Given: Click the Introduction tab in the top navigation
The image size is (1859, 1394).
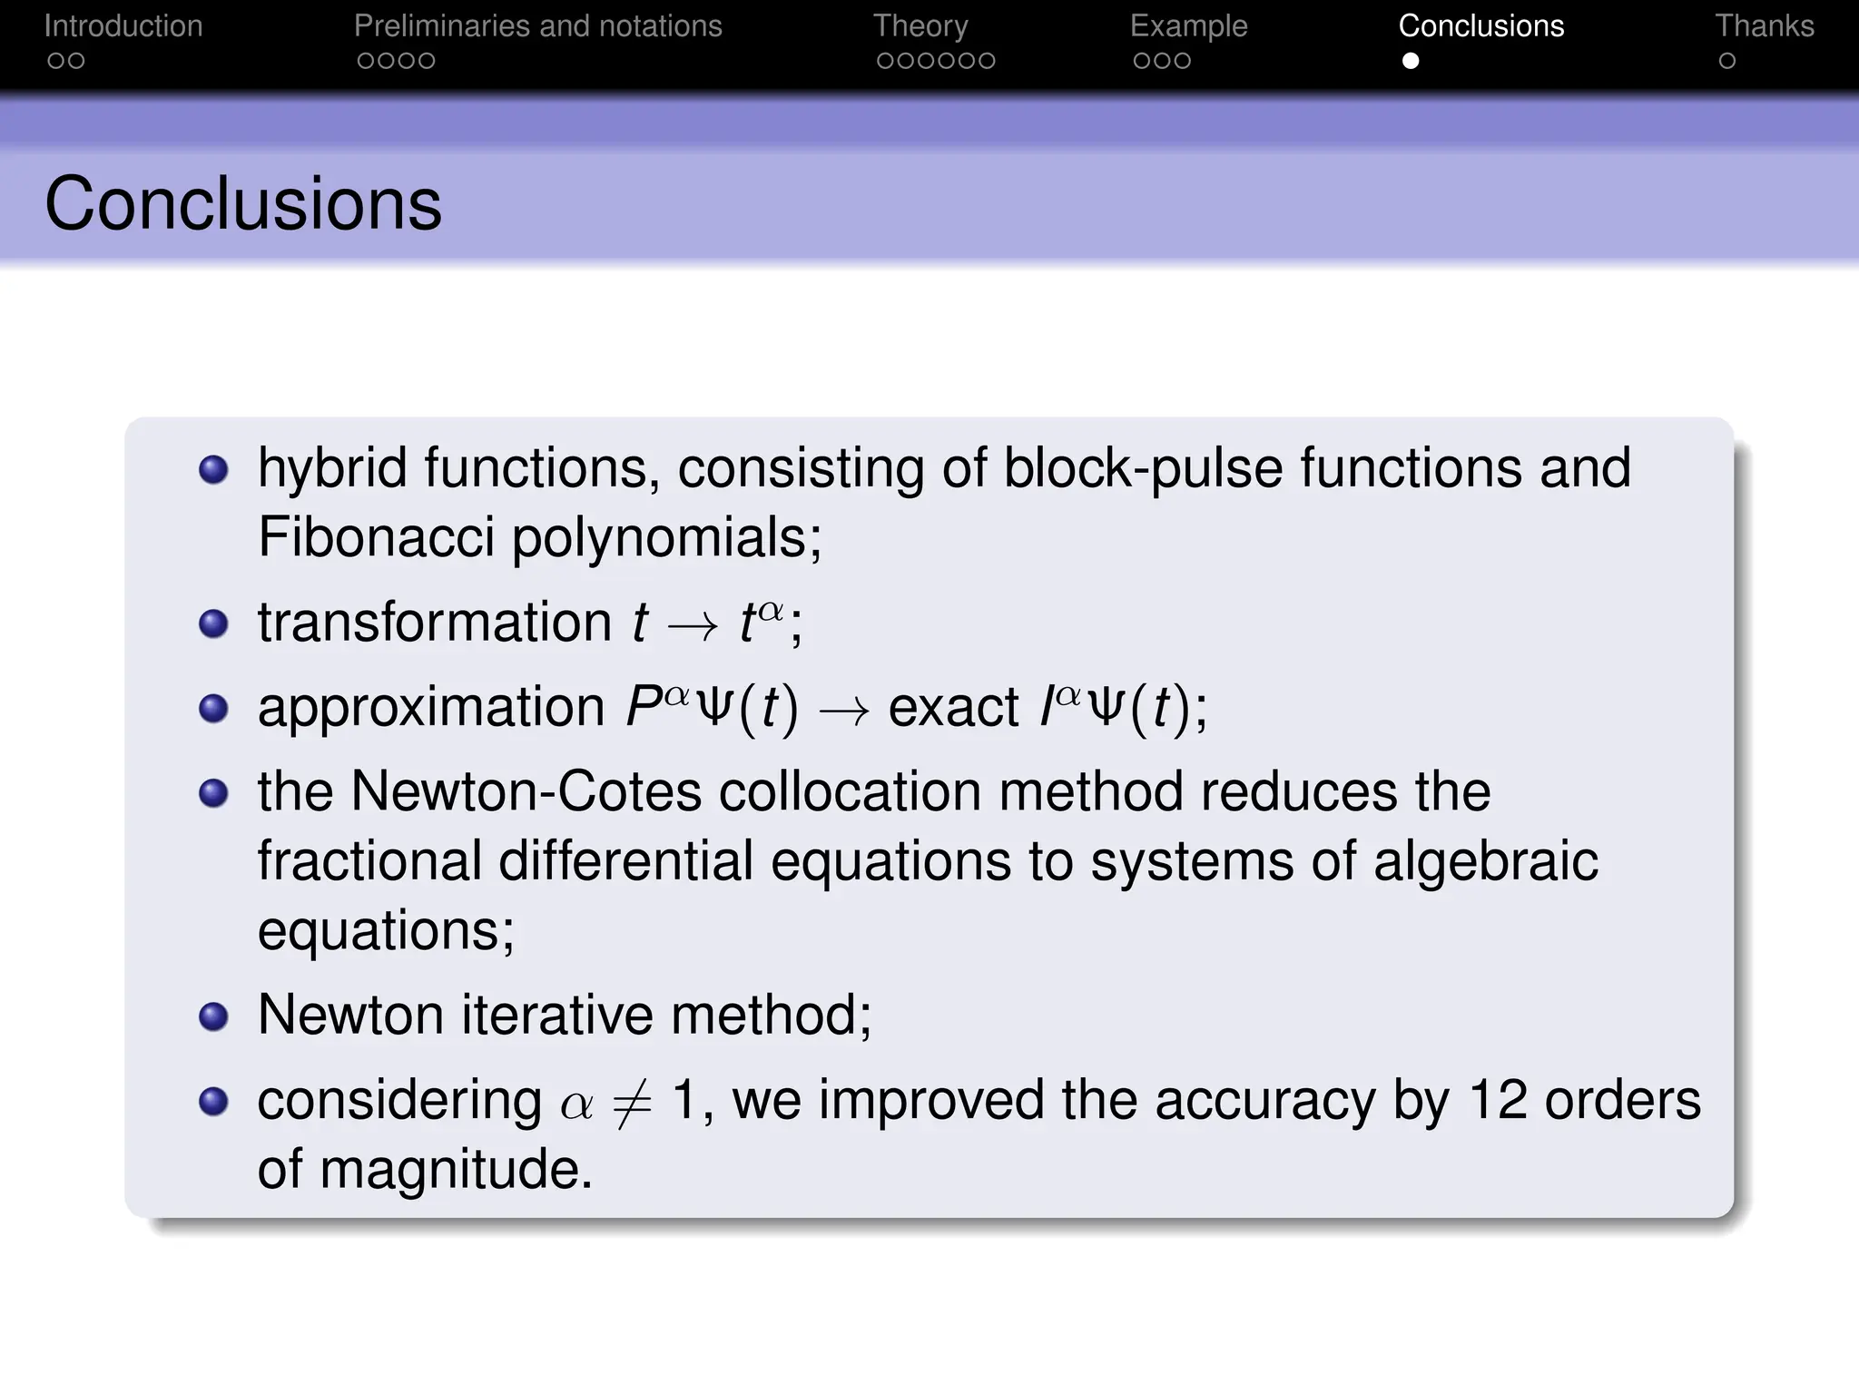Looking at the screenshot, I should click(123, 26).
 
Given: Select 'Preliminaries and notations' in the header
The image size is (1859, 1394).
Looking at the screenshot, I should click(537, 26).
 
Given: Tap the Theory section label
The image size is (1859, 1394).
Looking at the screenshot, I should click(920, 26).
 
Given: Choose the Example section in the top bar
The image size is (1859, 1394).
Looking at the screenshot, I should click(1188, 26).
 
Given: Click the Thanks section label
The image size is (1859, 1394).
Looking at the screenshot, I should click(1764, 26).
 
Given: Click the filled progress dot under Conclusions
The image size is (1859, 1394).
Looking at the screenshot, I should click(1411, 61).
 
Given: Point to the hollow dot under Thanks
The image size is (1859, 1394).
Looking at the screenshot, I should click(1727, 61).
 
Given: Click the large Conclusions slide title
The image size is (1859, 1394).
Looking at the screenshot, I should click(243, 203).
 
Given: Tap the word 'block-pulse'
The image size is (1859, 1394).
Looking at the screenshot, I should click(1143, 468).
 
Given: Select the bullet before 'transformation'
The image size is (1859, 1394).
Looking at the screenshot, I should click(213, 623).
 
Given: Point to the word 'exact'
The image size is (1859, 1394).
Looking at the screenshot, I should click(953, 707).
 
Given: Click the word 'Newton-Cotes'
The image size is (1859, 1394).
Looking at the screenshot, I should click(526, 791).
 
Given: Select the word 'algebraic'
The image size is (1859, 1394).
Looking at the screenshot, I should click(1485, 861).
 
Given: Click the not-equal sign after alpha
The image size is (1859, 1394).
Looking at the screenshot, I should click(632, 1104).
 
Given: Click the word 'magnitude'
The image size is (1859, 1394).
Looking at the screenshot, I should click(450, 1169).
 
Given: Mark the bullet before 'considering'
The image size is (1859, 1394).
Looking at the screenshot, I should click(213, 1102).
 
